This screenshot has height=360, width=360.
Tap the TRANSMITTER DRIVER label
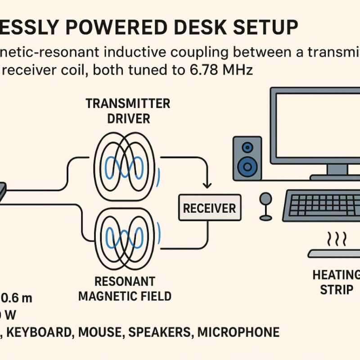click(x=128, y=111)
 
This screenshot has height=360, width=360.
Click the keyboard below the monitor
click(x=324, y=205)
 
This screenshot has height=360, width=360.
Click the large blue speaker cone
click(x=247, y=166)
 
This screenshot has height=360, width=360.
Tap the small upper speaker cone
click(x=247, y=147)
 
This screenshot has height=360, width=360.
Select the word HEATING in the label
click(x=337, y=274)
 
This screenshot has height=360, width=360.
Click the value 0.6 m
click(x=17, y=298)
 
